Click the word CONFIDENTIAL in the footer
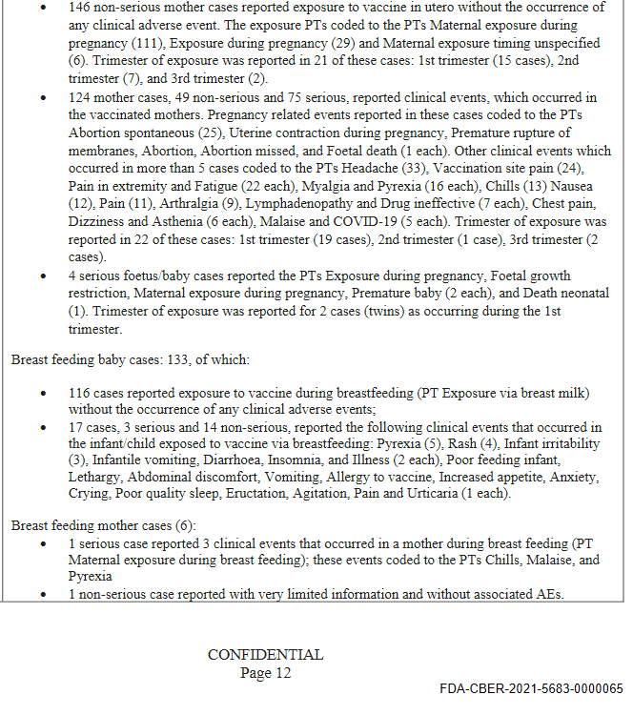click(265, 655)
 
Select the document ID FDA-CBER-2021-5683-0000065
click(531, 688)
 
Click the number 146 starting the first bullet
click(80, 7)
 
